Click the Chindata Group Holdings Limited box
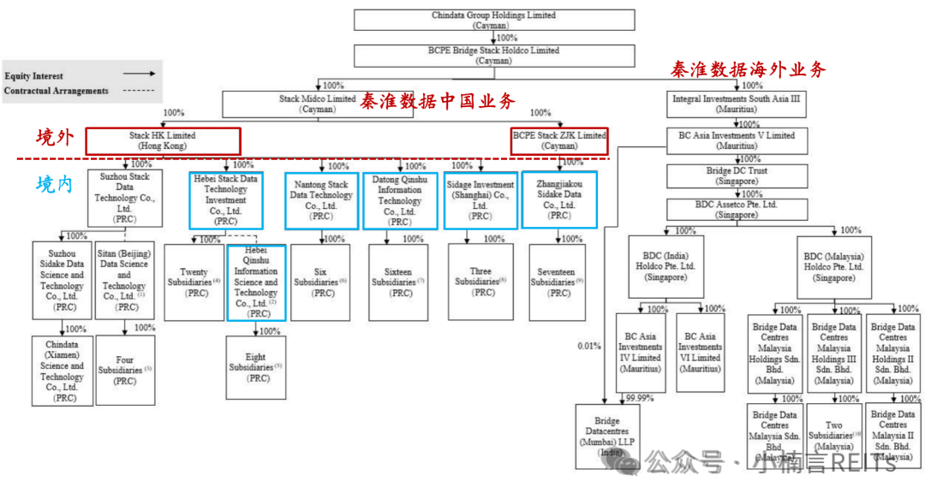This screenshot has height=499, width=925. [x=494, y=20]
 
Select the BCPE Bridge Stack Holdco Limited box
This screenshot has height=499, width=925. [x=494, y=56]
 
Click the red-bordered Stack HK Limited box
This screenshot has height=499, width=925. [x=163, y=141]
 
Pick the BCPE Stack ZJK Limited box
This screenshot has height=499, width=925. [x=559, y=141]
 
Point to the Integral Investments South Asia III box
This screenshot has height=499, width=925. [x=736, y=104]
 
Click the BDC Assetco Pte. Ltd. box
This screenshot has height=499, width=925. [x=736, y=210]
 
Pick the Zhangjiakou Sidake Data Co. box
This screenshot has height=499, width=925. [x=559, y=199]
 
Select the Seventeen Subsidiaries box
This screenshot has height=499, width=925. [x=556, y=282]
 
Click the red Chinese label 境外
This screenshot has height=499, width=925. [x=55, y=137]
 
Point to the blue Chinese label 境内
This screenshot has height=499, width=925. [x=55, y=184]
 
